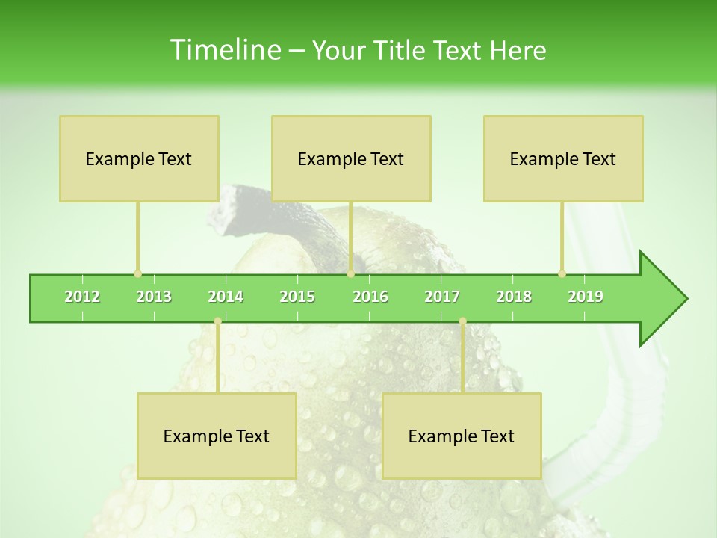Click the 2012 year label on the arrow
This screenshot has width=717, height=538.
[82, 297]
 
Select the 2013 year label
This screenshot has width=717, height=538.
[154, 297]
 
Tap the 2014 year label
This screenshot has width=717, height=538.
[226, 297]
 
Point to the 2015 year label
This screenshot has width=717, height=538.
[297, 297]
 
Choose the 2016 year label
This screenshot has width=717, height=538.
[370, 297]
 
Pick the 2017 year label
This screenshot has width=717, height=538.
[442, 297]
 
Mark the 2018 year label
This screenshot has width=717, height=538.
[514, 297]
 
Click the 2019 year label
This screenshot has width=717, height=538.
[586, 297]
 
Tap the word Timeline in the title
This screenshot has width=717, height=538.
[224, 50]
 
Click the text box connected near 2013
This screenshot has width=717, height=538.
[139, 158]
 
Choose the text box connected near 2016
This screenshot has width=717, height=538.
[351, 158]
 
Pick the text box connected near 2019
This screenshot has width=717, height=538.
[563, 158]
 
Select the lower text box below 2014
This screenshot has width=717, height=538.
[217, 436]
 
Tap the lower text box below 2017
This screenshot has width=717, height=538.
[462, 436]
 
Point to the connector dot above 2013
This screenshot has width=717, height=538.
[137, 273]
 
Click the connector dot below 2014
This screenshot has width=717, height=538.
[217, 321]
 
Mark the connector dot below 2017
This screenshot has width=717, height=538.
[462, 321]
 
